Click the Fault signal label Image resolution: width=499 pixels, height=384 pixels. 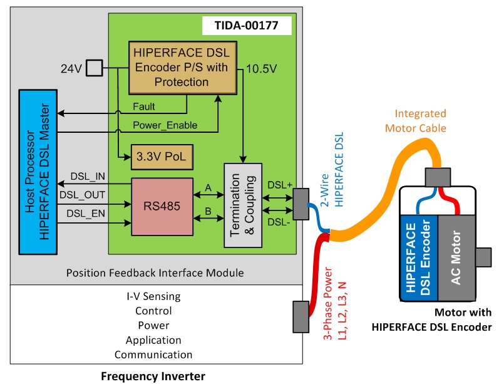pyautogui.click(x=145, y=106)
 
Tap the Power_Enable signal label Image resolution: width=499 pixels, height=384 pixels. pyautogui.click(x=165, y=125)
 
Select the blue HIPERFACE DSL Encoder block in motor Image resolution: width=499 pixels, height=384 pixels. pyautogui.click(x=418, y=257)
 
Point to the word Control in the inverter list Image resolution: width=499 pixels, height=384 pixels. pyautogui.click(x=153, y=311)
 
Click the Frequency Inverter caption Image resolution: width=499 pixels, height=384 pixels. pyautogui.click(x=153, y=376)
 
